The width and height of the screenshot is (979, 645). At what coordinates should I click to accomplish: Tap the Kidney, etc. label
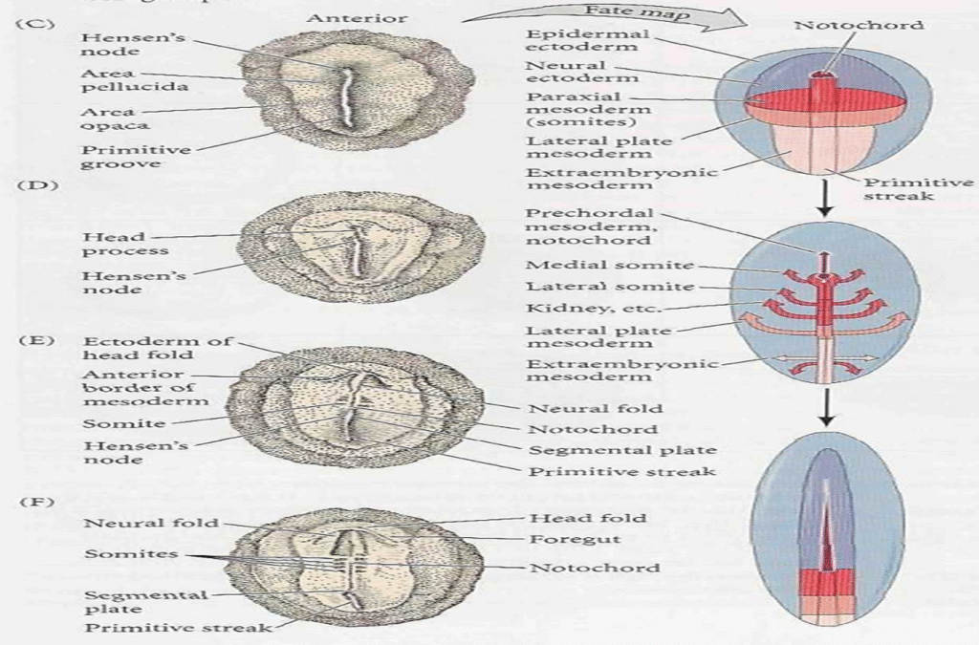(x=580, y=309)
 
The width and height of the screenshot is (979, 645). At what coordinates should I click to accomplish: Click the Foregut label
(x=562, y=538)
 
